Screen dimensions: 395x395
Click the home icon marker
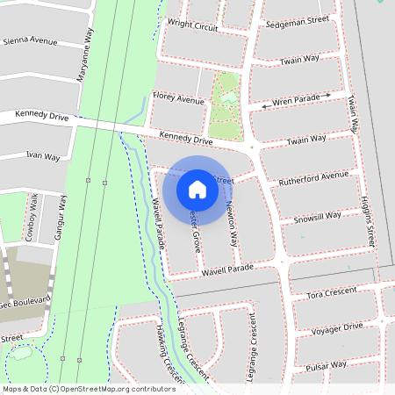pos(197,189)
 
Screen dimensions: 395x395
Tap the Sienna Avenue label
pos(30,41)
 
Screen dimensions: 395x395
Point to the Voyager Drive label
pos(336,328)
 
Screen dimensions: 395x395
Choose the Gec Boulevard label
pos(25,301)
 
